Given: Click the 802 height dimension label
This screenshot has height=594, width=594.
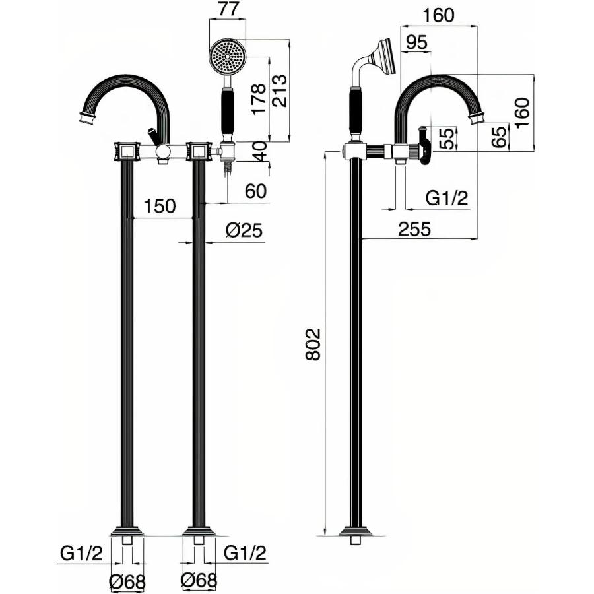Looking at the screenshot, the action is pyautogui.click(x=313, y=344).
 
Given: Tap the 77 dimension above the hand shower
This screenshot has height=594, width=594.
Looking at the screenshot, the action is pyautogui.click(x=228, y=9).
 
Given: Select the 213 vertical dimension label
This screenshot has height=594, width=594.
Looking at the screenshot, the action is pyautogui.click(x=280, y=90).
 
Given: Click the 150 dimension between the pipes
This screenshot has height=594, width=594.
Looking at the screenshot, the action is pyautogui.click(x=160, y=206).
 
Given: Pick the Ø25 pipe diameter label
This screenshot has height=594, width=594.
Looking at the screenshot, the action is pyautogui.click(x=244, y=230).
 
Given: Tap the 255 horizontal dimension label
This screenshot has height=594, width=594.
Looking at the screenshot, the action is pyautogui.click(x=414, y=229).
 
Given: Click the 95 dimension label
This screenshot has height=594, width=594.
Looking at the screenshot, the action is pyautogui.click(x=416, y=42).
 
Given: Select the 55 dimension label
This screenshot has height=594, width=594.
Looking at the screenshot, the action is pyautogui.click(x=447, y=139).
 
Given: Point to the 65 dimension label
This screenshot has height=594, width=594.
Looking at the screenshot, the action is pyautogui.click(x=500, y=137).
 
